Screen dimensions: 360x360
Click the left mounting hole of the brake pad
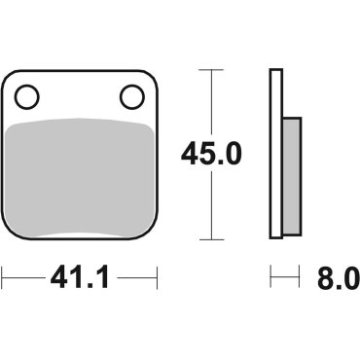[x=27, y=96]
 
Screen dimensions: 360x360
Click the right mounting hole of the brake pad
[x=130, y=96]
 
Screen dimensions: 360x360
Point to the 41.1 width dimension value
[x=79, y=281]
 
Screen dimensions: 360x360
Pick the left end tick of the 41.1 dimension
[x=3, y=280]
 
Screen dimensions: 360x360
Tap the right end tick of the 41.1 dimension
[x=156, y=280]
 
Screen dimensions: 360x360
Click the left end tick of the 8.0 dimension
[x=271, y=280]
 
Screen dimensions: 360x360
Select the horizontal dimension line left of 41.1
[x=24, y=280]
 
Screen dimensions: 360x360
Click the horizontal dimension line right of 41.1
[x=136, y=280]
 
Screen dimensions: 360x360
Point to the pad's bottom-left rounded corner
[x=10, y=232]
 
